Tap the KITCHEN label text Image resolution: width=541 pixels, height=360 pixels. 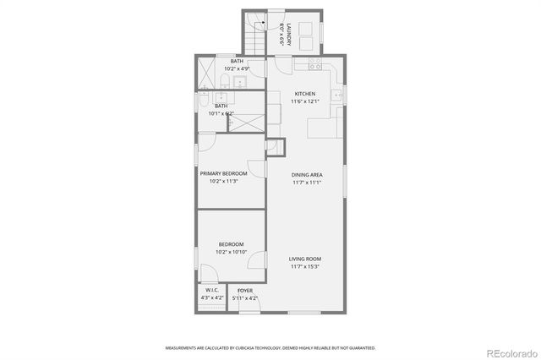[305, 94]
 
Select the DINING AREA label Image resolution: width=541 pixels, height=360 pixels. [307, 175]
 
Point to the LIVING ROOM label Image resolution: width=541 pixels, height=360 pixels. [305, 259]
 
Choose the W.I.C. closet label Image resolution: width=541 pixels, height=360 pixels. [211, 291]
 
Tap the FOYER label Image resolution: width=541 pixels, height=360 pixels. [245, 291]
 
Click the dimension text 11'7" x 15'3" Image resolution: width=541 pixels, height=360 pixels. [305, 266]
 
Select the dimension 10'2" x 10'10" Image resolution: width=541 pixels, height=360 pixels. [231, 252]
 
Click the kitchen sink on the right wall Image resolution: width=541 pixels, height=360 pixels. [336, 95]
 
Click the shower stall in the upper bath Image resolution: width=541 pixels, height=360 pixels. [206, 71]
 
